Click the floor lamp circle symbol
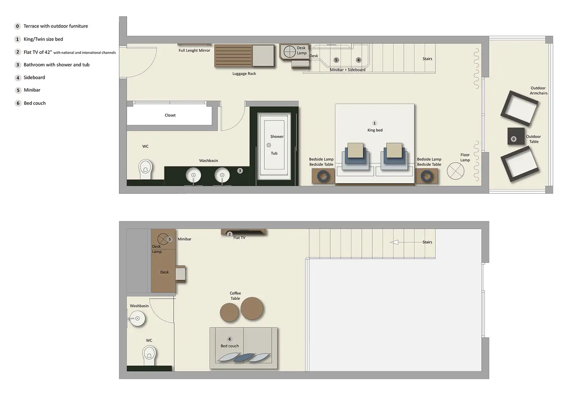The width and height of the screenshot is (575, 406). (x=455, y=171)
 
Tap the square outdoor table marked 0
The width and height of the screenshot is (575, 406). (x=516, y=136)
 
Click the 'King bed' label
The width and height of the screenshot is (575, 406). (x=375, y=130)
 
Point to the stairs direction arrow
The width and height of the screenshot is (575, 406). (x=394, y=242)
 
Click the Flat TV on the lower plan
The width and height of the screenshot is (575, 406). (x=244, y=232)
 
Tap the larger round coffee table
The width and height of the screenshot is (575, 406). (x=252, y=308)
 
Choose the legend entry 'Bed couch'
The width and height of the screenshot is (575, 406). (x=34, y=103)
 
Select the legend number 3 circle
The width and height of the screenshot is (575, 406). (x=18, y=65)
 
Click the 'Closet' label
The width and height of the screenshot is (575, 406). (x=170, y=115)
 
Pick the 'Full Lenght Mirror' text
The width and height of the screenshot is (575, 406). (x=194, y=51)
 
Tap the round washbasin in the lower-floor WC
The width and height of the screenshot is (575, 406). (x=137, y=318)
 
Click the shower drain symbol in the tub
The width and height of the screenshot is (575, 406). (x=268, y=145)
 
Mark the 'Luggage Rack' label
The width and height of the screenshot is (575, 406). (x=244, y=74)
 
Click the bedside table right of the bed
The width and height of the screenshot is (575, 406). (x=427, y=176)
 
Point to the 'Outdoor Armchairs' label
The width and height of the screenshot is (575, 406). (x=538, y=90)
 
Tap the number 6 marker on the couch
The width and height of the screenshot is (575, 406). (x=230, y=339)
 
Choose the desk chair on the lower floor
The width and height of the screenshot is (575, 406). (x=180, y=274)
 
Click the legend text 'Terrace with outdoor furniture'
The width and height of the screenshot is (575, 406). (x=56, y=26)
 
